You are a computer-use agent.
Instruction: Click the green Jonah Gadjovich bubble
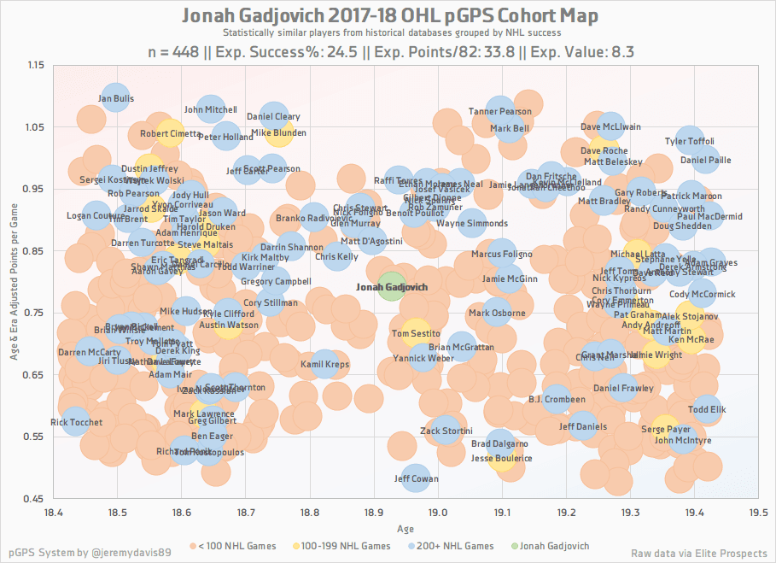tap(391, 287)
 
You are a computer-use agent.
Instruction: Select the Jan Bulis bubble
tap(116, 99)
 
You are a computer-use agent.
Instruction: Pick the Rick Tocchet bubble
tap(76, 422)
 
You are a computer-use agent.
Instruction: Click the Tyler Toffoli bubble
tap(689, 141)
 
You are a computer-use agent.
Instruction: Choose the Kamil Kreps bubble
tap(325, 365)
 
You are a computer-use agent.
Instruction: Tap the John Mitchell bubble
tap(211, 109)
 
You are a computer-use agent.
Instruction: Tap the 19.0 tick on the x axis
tap(438, 513)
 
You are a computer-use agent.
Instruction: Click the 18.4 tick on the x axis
tap(54, 513)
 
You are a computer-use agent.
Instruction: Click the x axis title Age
tap(406, 530)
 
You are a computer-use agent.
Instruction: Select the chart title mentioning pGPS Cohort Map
tap(389, 16)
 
